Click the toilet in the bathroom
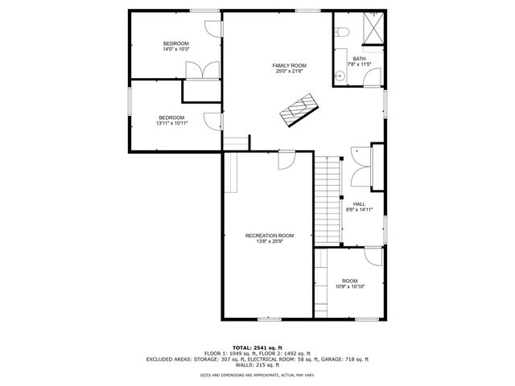[341, 33]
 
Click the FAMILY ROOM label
[289, 65]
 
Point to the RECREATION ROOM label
[269, 236]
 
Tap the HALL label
[359, 203]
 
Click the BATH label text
[358, 58]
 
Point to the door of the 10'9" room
[373, 257]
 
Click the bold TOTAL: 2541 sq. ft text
[257, 347]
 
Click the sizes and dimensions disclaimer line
[257, 375]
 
